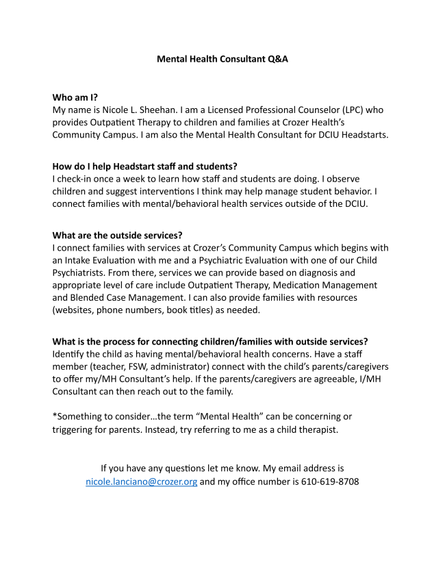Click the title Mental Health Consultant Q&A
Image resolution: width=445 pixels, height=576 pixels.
click(x=222, y=59)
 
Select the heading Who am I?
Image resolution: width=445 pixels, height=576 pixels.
click(x=75, y=97)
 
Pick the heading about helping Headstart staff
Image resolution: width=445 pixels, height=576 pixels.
click(x=144, y=166)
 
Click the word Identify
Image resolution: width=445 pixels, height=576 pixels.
click(x=72, y=354)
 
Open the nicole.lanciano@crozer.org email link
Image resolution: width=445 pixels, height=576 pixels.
click(x=141, y=481)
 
